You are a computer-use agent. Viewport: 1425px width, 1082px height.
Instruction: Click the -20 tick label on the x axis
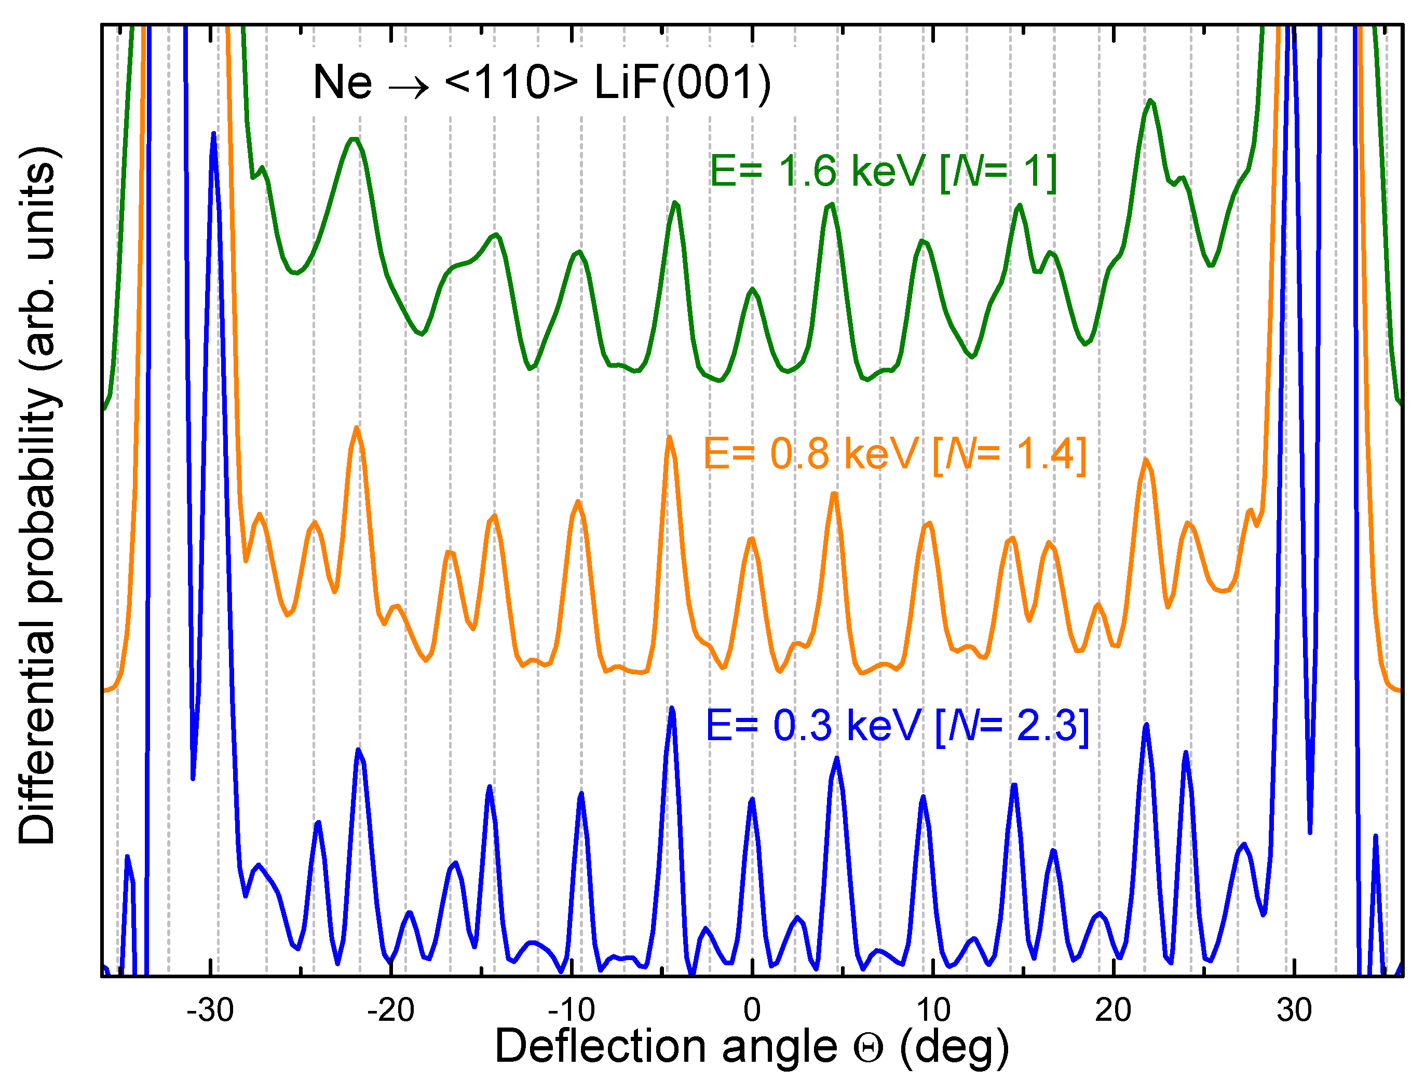[x=390, y=1010]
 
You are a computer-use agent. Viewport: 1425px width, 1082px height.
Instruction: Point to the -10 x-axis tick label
[x=571, y=1010]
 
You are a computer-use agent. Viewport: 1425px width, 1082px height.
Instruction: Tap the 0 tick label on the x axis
[x=752, y=1010]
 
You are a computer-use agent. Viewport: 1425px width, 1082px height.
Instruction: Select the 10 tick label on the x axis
[x=932, y=1010]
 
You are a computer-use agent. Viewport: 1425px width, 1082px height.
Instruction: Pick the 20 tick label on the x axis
[x=1113, y=1010]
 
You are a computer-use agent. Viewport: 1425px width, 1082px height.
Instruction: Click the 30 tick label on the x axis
[x=1294, y=1010]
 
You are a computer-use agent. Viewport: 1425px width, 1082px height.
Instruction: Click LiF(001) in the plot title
[x=682, y=83]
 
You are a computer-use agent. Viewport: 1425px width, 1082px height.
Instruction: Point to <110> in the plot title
[x=511, y=83]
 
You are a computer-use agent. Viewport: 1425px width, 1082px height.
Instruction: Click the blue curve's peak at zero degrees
[x=752, y=800]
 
